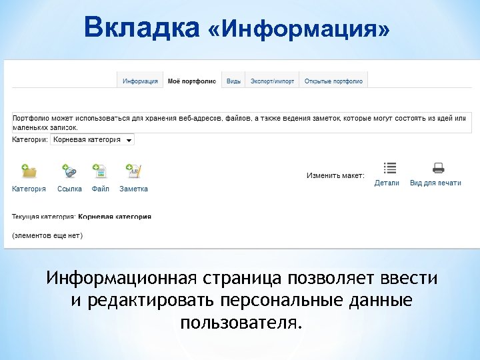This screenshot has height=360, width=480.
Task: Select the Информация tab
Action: click(140, 81)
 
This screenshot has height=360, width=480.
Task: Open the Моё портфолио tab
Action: click(192, 81)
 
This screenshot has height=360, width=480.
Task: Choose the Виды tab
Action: click(233, 81)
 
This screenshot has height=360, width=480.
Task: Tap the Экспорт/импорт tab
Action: click(272, 81)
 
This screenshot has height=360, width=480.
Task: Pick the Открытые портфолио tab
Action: click(333, 81)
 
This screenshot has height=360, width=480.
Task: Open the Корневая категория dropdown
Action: click(93, 140)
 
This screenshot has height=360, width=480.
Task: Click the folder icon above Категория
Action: click(29, 171)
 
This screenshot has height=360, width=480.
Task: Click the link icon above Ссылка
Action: click(69, 171)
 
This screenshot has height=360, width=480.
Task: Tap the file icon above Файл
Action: click(100, 171)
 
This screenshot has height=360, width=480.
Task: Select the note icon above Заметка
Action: click(133, 171)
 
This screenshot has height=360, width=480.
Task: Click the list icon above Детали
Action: click(390, 168)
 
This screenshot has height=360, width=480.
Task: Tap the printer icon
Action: click(438, 168)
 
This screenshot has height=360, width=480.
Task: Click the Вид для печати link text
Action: click(435, 183)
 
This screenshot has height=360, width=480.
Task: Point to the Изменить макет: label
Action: click(335, 176)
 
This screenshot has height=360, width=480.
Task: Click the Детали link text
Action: click(387, 183)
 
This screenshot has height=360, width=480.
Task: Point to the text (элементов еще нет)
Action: click(47, 235)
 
